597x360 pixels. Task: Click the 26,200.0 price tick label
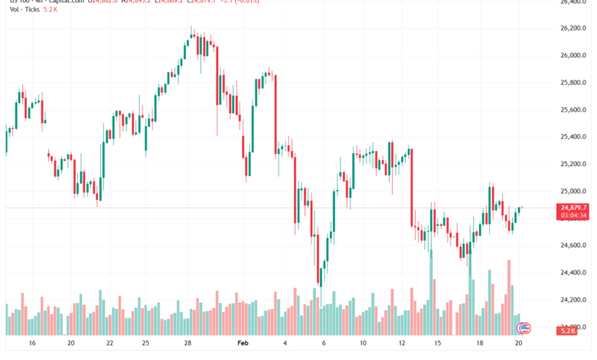(573, 28)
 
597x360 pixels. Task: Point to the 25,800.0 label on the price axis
(573, 83)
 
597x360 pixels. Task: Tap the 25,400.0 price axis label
(573, 137)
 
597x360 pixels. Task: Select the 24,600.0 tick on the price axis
(573, 245)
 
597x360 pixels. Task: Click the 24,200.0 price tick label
(573, 299)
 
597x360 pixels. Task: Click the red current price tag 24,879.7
(573, 208)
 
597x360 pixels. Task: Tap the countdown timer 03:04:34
(573, 216)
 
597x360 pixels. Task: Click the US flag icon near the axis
(524, 329)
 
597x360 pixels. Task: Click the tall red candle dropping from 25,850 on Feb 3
(275, 115)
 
